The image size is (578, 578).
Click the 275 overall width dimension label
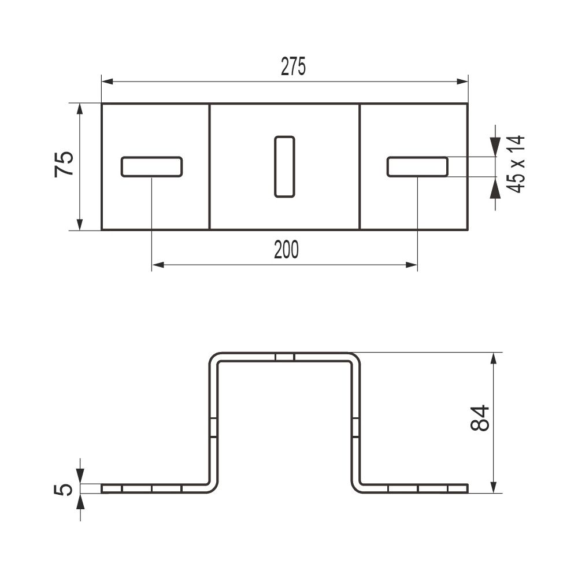coord(293,66)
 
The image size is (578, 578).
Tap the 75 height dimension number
coord(64,164)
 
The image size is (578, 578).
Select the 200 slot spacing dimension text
coord(287,250)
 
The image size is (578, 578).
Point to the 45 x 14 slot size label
coord(516,164)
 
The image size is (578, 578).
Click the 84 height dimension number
coord(480,418)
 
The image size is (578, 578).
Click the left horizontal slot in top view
coord(151,167)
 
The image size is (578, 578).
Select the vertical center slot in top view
coord(284,166)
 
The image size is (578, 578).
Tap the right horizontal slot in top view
coord(418,167)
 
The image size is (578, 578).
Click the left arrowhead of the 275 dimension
coord(107,81)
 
